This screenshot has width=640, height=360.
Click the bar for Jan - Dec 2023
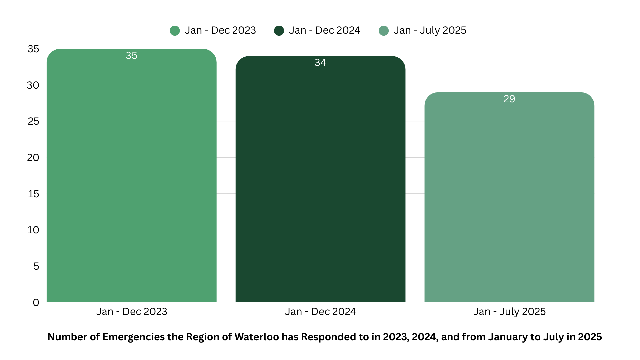pos(131,180)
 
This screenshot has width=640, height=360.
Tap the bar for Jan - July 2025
pos(509,200)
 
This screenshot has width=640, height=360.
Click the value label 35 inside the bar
pos(131,56)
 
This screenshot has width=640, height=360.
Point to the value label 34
pos(320,63)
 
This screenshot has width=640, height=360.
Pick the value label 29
pos(509,99)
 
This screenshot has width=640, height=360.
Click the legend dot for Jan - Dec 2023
pos(175,31)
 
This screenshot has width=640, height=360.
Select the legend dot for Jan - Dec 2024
pos(279,31)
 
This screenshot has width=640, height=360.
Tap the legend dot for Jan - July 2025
pos(384,31)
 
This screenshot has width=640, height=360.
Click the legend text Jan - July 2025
pos(430,30)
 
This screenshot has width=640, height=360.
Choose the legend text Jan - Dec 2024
pos(324,30)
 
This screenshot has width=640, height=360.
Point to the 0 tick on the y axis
pos(36,303)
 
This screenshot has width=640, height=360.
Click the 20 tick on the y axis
pos(33,158)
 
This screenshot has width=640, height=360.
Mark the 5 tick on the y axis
pos(36,266)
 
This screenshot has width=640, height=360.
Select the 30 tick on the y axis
pos(33,85)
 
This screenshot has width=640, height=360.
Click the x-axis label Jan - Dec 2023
pos(132,312)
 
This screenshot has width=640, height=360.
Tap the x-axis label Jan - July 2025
pos(509,312)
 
